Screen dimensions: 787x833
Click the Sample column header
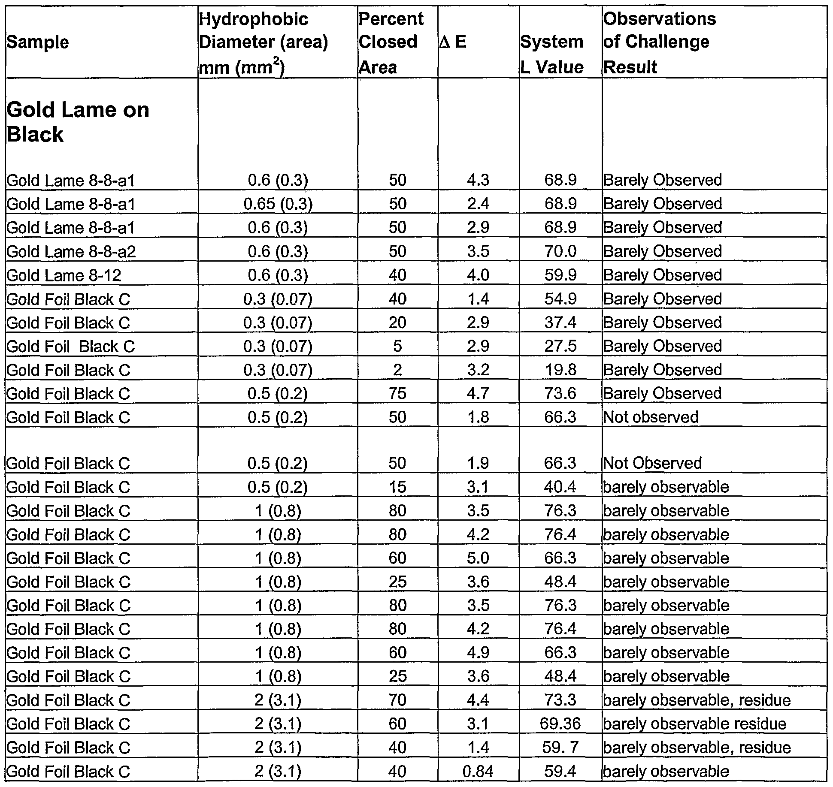click(38, 42)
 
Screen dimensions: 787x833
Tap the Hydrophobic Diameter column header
click(264, 42)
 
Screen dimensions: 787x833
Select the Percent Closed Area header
click(391, 42)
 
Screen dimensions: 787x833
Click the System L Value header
click(552, 54)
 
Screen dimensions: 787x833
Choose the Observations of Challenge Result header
click(660, 42)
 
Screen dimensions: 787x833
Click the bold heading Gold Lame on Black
click(78, 122)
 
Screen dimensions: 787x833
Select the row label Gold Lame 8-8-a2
click(71, 251)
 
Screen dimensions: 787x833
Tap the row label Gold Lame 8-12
click(64, 275)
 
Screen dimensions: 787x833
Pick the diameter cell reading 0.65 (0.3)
click(278, 204)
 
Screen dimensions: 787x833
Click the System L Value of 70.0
click(560, 251)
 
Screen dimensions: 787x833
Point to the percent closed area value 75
click(397, 393)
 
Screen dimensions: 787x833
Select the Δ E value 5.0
click(478, 558)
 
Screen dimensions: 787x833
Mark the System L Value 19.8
click(560, 370)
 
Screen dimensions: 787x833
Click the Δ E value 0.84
click(478, 772)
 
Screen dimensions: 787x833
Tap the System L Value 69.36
click(560, 724)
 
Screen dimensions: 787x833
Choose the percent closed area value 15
click(397, 487)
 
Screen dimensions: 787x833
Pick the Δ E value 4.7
click(478, 393)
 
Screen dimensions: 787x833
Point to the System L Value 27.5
click(560, 346)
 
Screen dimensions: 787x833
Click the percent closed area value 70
click(397, 700)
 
